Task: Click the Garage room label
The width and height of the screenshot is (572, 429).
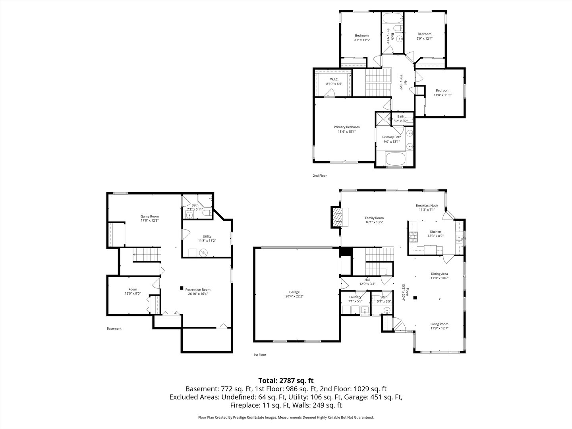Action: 294,292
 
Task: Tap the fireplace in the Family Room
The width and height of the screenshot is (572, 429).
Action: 340,217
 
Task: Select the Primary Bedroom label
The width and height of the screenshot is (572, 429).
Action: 347,127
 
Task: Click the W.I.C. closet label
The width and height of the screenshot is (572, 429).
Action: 334,79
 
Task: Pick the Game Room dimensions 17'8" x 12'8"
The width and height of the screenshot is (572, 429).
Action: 150,220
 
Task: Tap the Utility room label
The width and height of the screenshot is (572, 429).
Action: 207,236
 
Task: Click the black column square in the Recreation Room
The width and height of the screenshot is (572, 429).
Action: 182,288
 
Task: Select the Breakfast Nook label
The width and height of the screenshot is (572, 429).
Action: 427,205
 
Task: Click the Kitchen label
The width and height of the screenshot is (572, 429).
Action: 435,232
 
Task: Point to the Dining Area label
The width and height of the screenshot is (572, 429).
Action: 439,274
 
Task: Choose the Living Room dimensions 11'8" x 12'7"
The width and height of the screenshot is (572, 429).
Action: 439,328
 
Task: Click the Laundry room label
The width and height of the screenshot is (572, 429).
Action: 355,297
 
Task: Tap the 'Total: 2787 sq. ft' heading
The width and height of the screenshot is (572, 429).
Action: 286,381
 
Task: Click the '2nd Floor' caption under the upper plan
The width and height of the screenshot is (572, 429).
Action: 320,176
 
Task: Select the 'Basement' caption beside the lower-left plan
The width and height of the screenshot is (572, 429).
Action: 114,329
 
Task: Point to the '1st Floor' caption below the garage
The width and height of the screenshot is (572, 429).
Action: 260,355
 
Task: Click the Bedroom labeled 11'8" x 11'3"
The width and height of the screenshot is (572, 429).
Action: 443,91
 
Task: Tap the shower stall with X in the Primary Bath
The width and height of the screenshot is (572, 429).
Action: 383,119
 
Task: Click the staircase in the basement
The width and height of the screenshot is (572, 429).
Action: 147,255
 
